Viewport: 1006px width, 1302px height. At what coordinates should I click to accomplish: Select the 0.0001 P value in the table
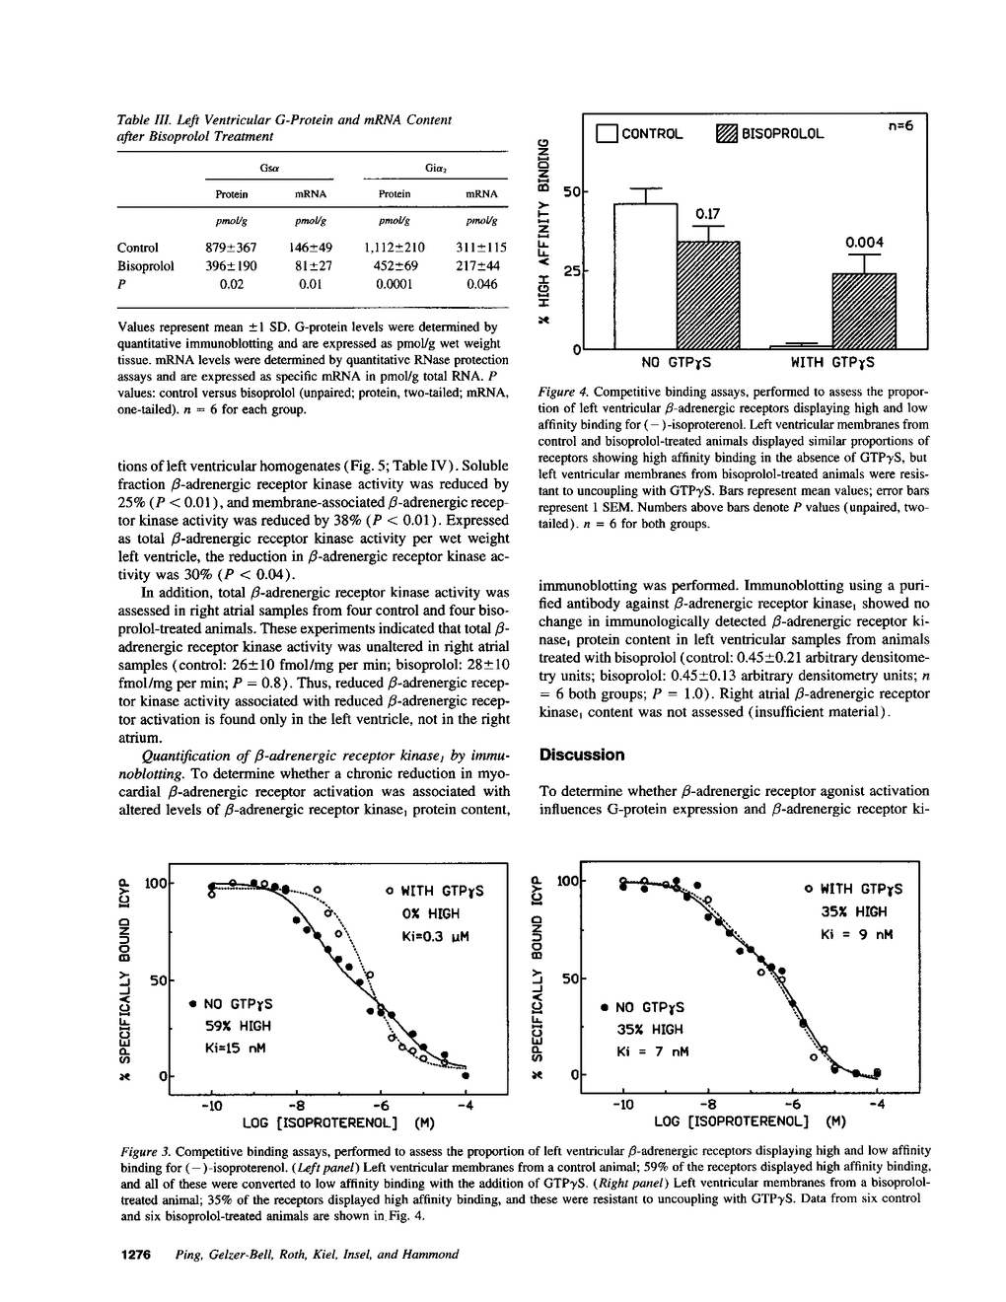point(395,284)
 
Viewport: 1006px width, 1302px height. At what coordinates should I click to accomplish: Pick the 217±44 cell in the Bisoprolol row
point(482,266)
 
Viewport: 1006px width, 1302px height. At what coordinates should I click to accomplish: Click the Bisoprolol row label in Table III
point(145,266)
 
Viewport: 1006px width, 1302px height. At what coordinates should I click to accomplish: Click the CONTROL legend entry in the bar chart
point(640,133)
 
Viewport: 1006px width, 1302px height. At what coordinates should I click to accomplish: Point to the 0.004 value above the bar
point(865,243)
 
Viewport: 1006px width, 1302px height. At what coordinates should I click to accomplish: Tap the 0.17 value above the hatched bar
point(708,213)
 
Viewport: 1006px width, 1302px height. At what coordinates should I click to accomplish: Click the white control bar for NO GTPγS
point(646,276)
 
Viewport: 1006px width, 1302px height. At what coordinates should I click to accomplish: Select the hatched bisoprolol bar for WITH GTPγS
point(864,311)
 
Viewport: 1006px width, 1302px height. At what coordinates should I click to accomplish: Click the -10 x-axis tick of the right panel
point(623,1105)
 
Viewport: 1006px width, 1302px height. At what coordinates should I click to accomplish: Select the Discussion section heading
point(581,755)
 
